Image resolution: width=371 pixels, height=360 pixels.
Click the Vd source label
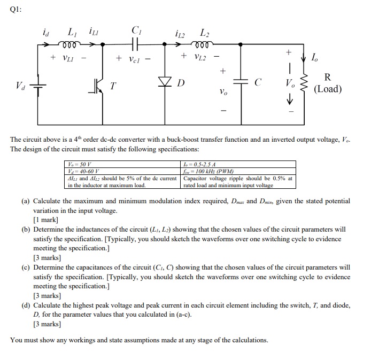coord(20,85)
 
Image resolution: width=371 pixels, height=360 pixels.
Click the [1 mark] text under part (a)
coord(45,220)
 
